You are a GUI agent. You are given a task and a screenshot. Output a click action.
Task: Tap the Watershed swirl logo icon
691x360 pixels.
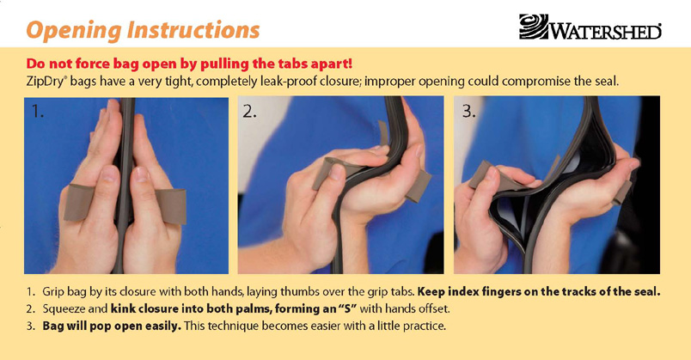(534, 27)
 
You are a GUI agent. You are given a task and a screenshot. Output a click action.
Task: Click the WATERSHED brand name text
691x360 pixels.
(605, 31)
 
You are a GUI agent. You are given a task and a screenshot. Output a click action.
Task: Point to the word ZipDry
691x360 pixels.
(45, 82)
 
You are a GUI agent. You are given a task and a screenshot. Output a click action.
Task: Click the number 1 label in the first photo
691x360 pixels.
(38, 112)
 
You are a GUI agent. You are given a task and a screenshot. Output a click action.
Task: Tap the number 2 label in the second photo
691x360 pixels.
(249, 112)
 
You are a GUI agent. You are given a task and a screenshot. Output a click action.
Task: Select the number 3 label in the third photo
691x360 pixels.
(469, 112)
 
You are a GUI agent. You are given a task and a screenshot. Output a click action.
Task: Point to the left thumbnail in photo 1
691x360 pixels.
(109, 174)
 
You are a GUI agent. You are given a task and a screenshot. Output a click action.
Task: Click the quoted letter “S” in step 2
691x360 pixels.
(347, 309)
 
